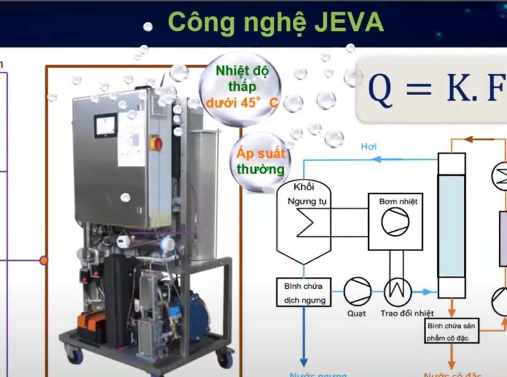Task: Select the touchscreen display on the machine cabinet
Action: point(106,125)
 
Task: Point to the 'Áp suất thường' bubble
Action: point(261,161)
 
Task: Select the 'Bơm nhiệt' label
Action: point(398,202)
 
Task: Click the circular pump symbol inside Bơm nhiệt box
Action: point(395,221)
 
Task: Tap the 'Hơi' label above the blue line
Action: point(368,147)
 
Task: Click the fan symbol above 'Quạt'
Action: point(357,291)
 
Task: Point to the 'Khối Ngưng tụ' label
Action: point(304,194)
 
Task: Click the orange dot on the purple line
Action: point(44,260)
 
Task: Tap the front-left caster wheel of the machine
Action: point(75,355)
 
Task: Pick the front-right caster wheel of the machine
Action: point(225,358)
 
